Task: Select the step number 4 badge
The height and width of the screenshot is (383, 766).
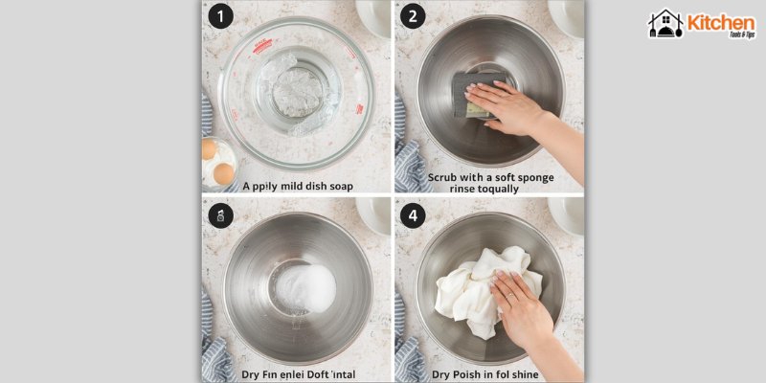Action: [x=413, y=215]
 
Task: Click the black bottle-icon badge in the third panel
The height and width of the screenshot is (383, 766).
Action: [x=220, y=215]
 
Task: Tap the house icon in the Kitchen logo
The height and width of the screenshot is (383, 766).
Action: [x=665, y=24]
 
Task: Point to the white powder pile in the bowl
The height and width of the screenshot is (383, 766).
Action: [x=309, y=284]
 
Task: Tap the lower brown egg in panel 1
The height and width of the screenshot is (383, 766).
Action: [x=224, y=173]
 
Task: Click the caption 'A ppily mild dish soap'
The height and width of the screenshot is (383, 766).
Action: [x=298, y=186]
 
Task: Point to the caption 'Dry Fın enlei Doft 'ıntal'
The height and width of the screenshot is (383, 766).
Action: [x=299, y=374]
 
